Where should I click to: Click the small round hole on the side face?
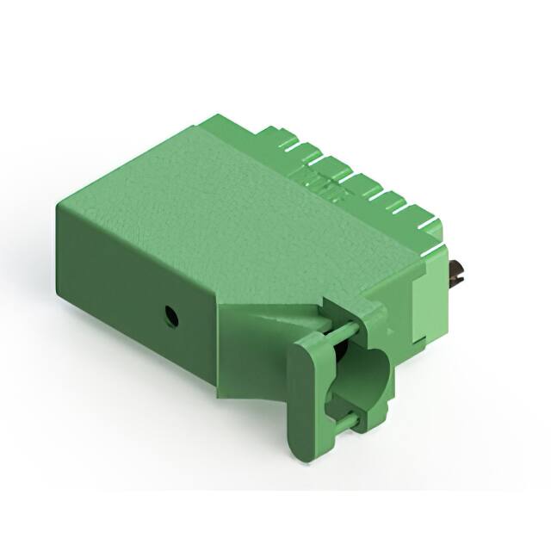(x=171, y=315)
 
